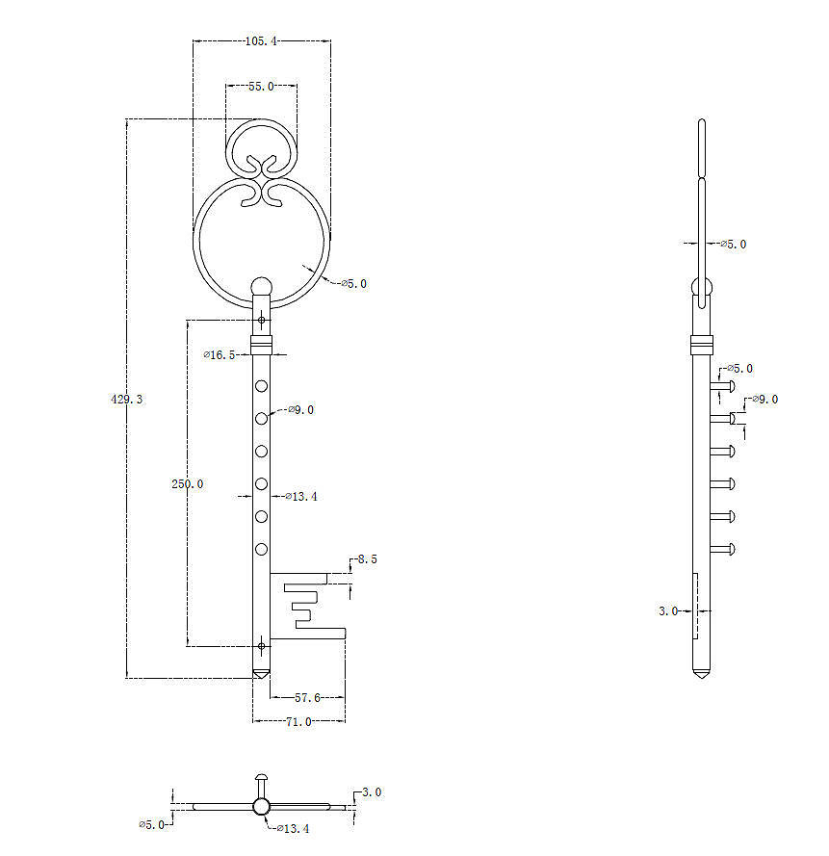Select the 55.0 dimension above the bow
point(261,87)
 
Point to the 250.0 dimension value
point(187,483)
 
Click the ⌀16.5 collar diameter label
point(220,355)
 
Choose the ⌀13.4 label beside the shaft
point(299,497)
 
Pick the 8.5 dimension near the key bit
point(365,558)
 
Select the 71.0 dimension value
point(298,721)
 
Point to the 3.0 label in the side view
point(668,610)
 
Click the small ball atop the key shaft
point(261,286)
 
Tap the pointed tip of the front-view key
point(261,675)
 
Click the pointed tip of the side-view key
point(702,676)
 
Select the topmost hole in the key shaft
point(261,386)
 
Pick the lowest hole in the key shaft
point(261,550)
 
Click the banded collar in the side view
point(702,342)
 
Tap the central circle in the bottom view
point(260,807)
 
